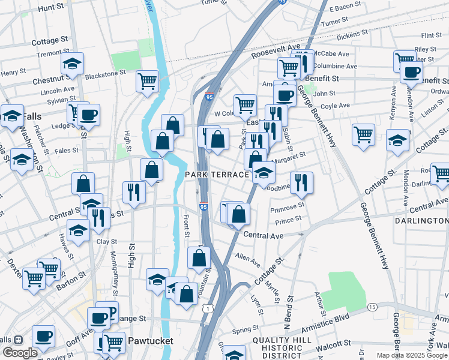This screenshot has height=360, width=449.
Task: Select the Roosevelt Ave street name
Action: click(276, 50)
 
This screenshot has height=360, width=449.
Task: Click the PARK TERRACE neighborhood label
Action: click(217, 174)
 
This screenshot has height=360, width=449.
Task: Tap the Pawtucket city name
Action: click(151, 341)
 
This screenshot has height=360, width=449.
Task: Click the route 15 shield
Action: click(372, 307)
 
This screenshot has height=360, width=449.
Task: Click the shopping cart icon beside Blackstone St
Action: click(147, 82)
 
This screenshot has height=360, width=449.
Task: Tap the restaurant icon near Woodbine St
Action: click(301, 182)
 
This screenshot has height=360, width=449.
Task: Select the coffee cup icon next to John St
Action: click(285, 95)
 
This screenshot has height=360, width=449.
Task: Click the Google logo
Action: click(20, 353)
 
